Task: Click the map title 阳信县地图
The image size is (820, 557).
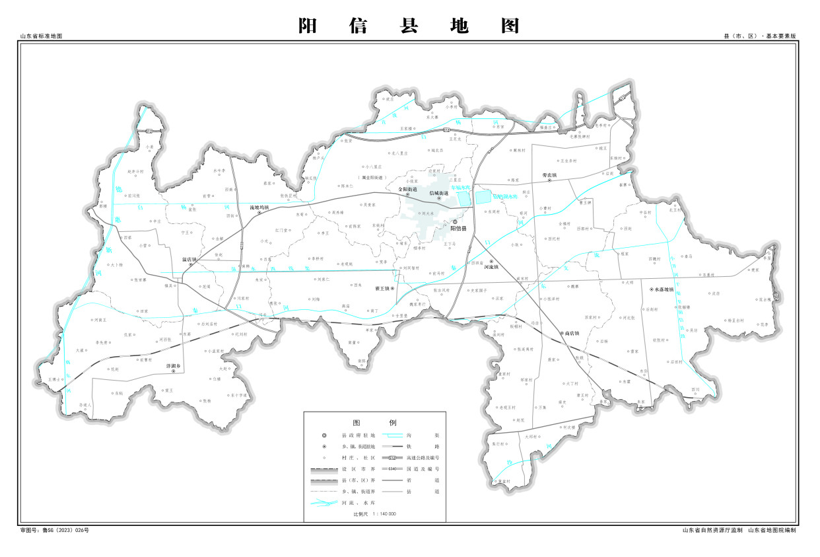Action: [x=409, y=26]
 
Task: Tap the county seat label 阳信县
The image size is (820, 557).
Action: [x=458, y=228]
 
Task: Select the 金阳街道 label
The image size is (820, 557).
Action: [x=407, y=189]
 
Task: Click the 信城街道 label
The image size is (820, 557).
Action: [x=438, y=193]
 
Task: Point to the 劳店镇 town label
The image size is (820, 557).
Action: [x=550, y=175]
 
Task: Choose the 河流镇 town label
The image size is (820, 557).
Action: [x=491, y=268]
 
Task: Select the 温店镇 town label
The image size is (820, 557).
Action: [x=190, y=259]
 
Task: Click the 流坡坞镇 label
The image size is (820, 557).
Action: [x=259, y=207]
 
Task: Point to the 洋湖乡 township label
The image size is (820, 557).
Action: [x=173, y=365]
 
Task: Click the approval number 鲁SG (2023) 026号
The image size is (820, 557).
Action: [x=54, y=530]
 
